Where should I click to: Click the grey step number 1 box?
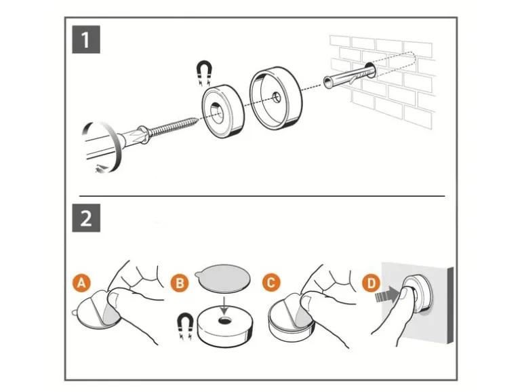86,39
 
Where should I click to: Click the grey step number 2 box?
86,218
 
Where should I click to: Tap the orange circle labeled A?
81,283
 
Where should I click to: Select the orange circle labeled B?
180,283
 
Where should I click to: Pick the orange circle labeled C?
271,282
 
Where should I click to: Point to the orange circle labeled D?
372,283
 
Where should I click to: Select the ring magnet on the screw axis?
223,111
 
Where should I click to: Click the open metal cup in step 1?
277,99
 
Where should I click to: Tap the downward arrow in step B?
225,305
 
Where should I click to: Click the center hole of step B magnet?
225,321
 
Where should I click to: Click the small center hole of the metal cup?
277,97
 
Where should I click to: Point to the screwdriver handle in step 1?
100,146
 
